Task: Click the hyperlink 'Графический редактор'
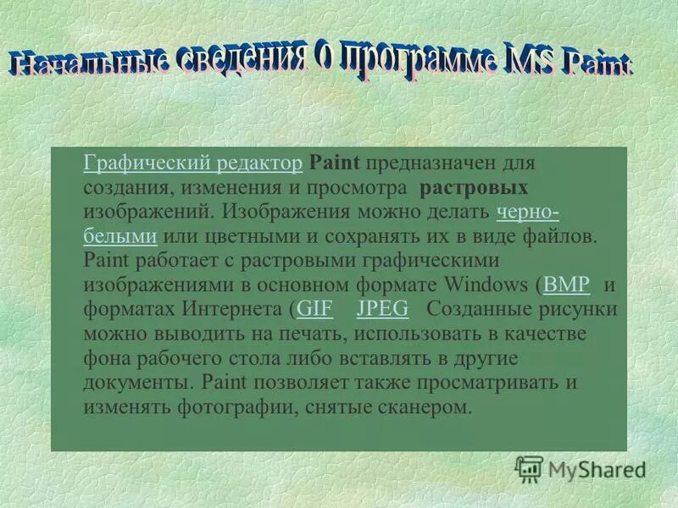click(193, 162)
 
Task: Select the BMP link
click(566, 284)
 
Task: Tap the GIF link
click(314, 308)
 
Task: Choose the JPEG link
click(383, 308)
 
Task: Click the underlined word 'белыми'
click(120, 235)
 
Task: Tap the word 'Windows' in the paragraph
click(488, 284)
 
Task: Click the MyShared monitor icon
click(530, 468)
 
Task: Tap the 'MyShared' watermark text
click(597, 469)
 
